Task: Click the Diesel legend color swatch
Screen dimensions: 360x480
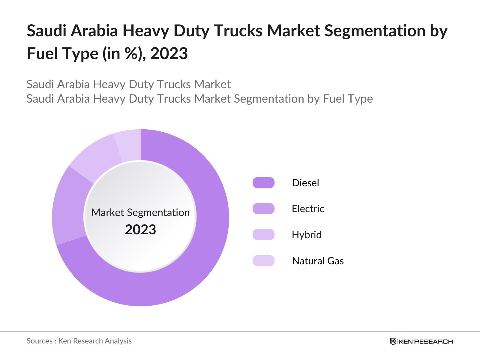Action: point(263,183)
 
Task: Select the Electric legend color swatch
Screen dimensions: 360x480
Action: point(263,208)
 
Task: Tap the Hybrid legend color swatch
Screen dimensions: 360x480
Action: point(263,235)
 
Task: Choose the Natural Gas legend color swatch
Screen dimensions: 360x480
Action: point(263,261)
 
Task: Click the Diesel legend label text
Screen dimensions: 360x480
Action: point(305,183)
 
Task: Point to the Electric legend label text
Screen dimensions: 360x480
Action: point(308,208)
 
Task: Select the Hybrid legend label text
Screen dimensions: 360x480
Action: point(306,235)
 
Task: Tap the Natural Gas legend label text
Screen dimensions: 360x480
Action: point(318,261)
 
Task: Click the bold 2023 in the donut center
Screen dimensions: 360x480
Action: point(140,230)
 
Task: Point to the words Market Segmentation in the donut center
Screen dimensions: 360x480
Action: point(140,212)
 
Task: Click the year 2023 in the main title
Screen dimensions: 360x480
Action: point(169,53)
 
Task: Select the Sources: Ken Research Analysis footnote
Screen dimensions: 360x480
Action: point(79,341)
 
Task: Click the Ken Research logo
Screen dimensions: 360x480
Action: point(421,341)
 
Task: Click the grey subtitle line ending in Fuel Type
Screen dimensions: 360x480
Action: point(199,99)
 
